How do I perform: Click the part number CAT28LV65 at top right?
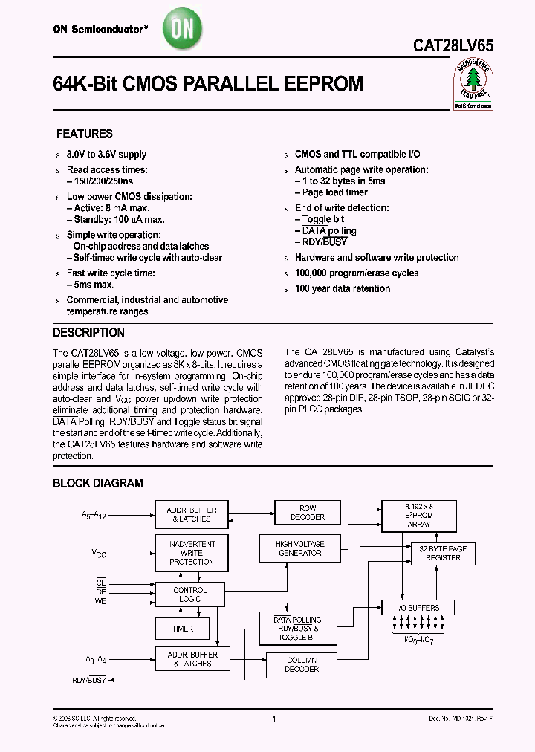[453, 45]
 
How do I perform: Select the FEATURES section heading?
[85, 134]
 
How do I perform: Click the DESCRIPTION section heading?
[88, 333]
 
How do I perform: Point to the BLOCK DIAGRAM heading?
[97, 483]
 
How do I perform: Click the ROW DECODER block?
[307, 513]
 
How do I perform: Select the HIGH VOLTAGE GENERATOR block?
[299, 548]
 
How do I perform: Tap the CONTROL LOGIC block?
[190, 594]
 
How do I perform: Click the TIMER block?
[183, 629]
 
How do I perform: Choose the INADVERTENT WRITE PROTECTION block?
[191, 553]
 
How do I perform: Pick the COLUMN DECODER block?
[301, 664]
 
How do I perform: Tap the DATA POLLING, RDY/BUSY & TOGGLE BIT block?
[297, 629]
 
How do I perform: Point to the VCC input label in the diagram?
[98, 553]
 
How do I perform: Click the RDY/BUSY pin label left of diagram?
[88, 679]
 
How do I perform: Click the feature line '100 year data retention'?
[342, 288]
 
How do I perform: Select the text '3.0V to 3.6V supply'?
[106, 155]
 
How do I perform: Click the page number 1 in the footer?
[274, 719]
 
